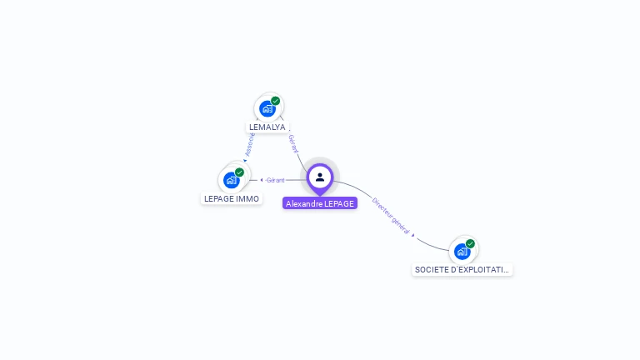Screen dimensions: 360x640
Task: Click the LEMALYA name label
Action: pos(267,127)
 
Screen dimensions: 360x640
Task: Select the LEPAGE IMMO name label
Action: pos(232,199)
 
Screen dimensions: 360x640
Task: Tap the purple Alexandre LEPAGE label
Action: pos(320,203)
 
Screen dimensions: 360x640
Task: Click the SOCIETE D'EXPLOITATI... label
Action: pos(462,270)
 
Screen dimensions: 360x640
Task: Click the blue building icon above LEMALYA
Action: pos(267,108)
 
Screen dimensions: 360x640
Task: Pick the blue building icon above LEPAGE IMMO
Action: pos(231,180)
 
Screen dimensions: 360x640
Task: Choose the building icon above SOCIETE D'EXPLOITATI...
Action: pos(462,251)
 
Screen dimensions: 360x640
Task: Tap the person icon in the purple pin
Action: pos(320,177)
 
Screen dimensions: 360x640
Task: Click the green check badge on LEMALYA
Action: pos(276,101)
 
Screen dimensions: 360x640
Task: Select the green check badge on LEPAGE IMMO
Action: pos(240,172)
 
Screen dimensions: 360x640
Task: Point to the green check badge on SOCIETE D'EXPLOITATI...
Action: pos(471,243)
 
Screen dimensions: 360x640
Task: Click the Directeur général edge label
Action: pos(391,216)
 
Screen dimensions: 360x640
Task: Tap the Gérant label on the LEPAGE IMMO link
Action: pos(276,180)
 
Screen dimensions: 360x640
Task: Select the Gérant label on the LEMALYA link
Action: pos(292,143)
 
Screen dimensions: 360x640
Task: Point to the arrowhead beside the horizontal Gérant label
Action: pos(261,180)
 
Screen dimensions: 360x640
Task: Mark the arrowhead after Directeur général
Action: pos(414,236)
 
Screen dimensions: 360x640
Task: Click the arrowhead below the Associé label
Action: pos(245,159)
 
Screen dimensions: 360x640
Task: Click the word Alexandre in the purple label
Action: pos(303,203)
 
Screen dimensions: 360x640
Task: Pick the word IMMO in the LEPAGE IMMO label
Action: pos(248,199)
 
